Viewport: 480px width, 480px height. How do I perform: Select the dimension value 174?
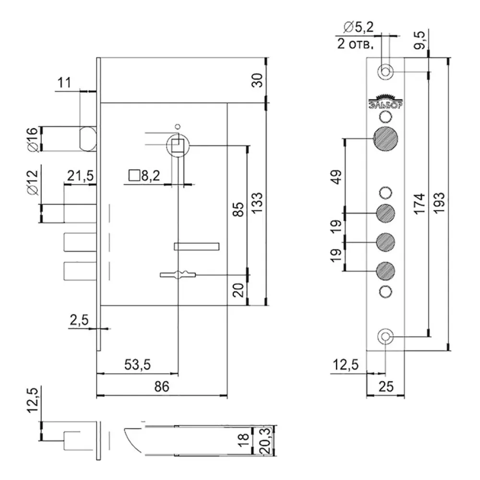pos(420,204)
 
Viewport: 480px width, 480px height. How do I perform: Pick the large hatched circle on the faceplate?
pos(385,140)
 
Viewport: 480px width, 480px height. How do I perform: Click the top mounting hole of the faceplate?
pos(385,72)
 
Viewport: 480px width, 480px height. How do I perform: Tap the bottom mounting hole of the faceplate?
pos(385,336)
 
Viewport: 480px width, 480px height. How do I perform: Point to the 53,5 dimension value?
pos(138,365)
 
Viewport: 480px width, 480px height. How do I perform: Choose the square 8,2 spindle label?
pos(144,176)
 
